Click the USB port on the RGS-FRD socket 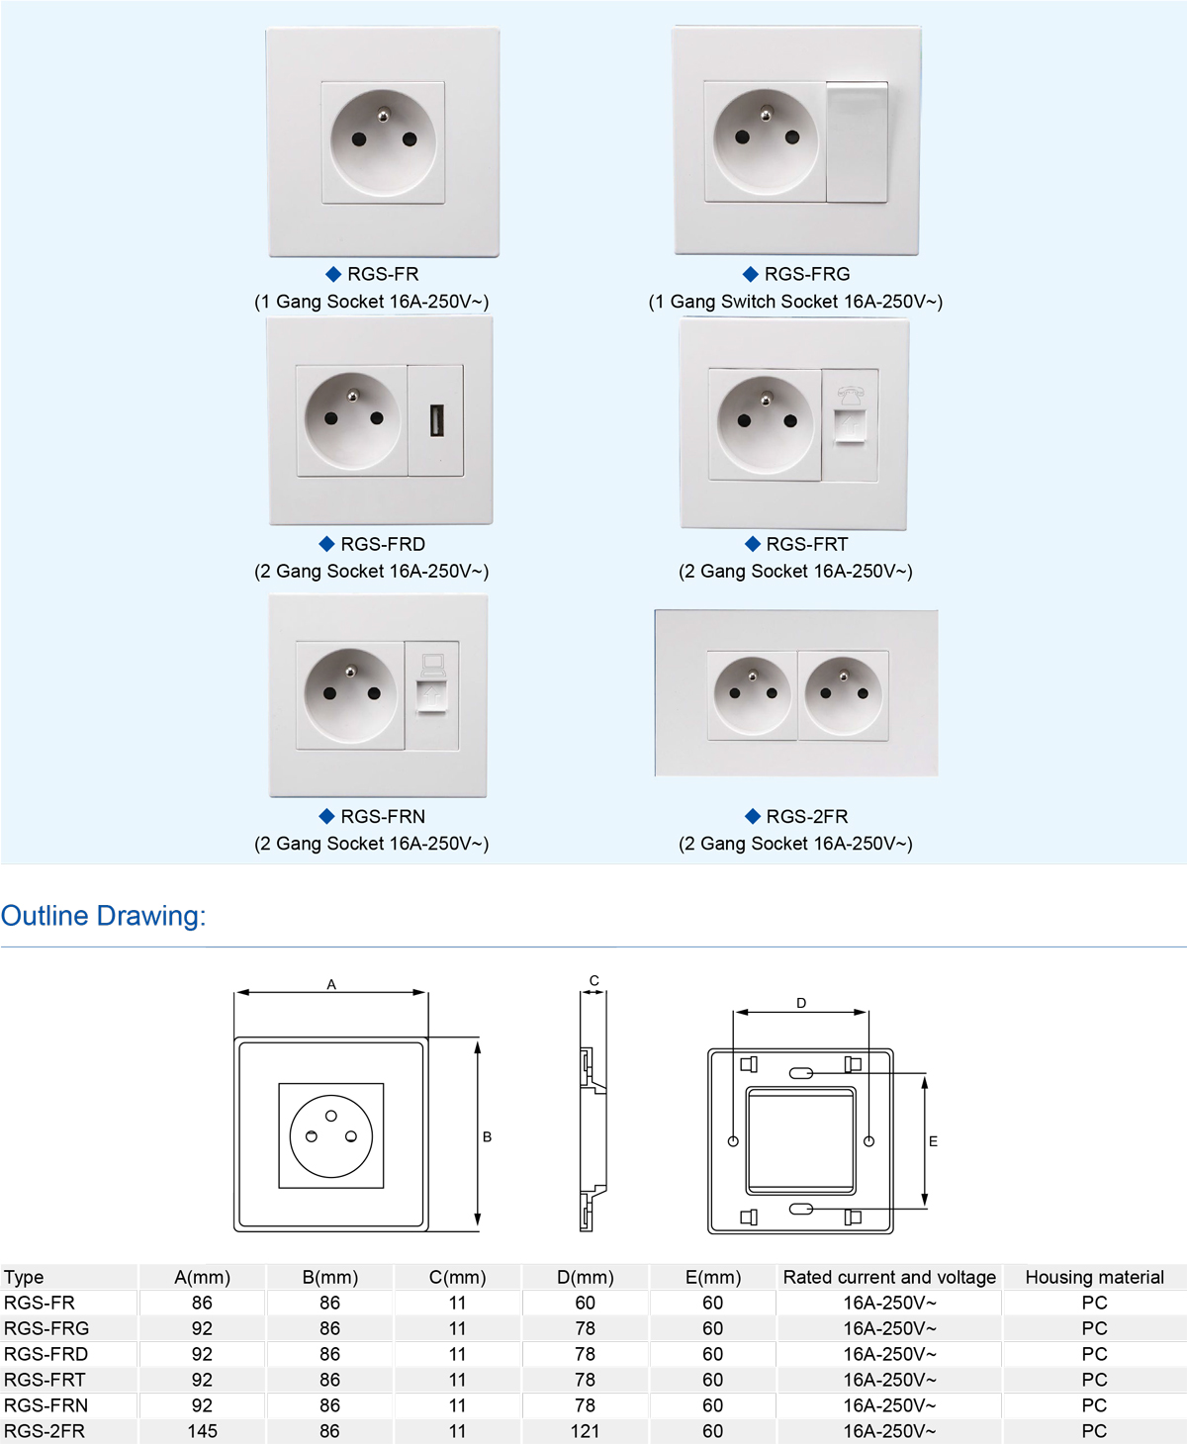[436, 420]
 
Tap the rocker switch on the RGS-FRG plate [857, 141]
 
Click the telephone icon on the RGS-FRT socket [851, 394]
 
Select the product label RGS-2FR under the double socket [806, 816]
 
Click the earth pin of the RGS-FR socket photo [382, 116]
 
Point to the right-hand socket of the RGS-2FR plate [843, 694]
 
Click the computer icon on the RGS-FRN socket [432, 665]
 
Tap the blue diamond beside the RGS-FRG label [751, 274]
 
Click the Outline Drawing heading [103, 916]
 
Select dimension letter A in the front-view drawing [331, 984]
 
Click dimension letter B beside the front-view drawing [487, 1136]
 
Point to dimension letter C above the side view [593, 980]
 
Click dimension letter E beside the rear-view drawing [933, 1140]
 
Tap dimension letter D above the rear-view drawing [801, 1003]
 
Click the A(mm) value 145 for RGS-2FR [202, 1431]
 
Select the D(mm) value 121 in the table [585, 1431]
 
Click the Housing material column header [1094, 1277]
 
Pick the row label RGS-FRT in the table [45, 1380]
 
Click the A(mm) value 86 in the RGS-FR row [202, 1303]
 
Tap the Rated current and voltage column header [889, 1277]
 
